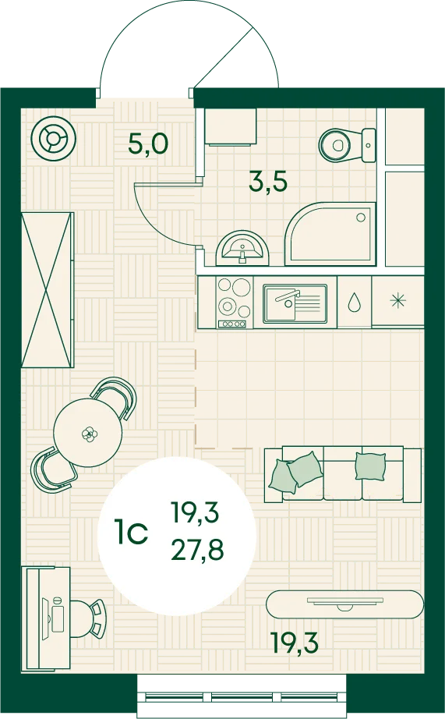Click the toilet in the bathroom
coord(347,145)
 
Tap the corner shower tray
coord(330,234)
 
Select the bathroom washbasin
coord(242,248)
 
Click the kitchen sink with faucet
coord(295,302)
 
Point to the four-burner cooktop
coord(234,303)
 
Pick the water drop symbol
coord(353,302)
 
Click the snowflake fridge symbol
coord(397,301)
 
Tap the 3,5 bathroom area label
coord(268,181)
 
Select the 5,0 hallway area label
coord(148,144)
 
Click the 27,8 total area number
coord(197,550)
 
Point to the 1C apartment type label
coord(132,533)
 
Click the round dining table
coord(87,433)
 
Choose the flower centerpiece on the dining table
coord(87,434)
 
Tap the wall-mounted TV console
coord(344,604)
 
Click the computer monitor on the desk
coord(46,618)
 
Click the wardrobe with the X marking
coord(48,290)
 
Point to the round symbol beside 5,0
coord(55,139)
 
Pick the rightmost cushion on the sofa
coord(370,466)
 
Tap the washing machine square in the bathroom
coord(230,127)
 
